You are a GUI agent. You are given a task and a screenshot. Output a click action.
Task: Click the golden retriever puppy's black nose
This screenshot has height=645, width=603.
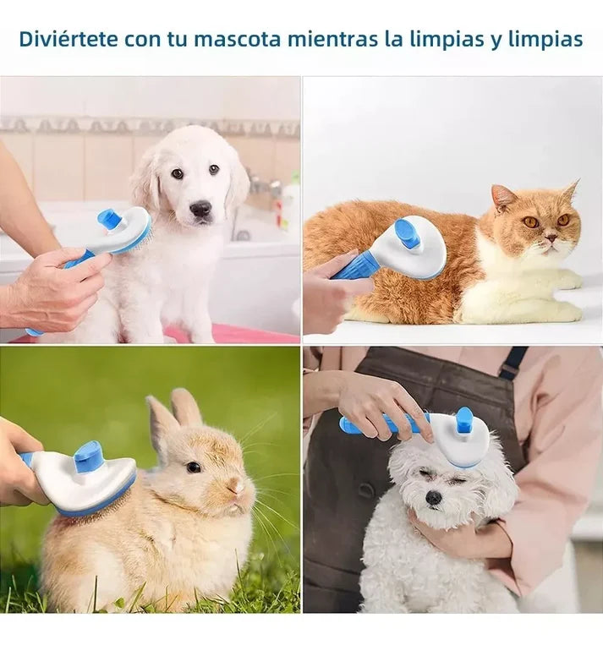(200, 208)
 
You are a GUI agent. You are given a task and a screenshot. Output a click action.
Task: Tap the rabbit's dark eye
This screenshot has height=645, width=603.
(194, 467)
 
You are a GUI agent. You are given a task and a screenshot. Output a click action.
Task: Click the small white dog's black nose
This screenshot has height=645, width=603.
(434, 497)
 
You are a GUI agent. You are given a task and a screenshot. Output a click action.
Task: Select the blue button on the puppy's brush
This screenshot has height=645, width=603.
(110, 220)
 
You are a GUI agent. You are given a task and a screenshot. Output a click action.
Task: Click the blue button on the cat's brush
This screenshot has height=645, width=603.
(408, 233)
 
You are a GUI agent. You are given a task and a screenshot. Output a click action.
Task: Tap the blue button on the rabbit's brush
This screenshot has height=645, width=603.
(88, 457)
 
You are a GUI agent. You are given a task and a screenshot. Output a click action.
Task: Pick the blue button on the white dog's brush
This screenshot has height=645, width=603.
(464, 420)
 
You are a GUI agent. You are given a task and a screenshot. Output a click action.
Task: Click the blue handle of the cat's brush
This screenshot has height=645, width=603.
(356, 266)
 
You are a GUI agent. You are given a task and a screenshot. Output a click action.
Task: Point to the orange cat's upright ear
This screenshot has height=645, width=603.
(503, 197)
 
